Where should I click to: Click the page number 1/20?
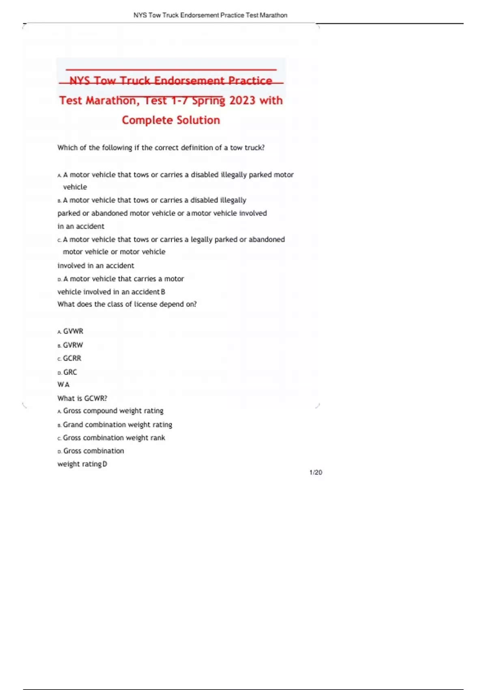pos(316,472)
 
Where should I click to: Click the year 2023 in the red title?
pos(242,100)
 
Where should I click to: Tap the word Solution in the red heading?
pos(198,120)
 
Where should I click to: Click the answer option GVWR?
pos(73,331)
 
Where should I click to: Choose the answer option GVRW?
pos(73,345)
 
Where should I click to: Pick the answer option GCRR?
pos(72,358)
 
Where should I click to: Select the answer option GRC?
pos(70,372)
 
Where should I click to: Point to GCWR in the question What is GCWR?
pos(95,398)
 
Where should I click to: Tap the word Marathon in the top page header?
pos(274,15)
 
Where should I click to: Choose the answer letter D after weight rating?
pos(105,464)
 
